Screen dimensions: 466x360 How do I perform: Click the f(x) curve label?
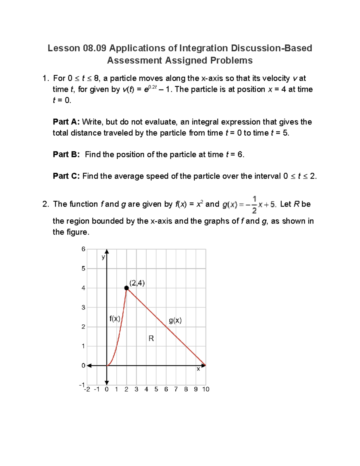pos(115,319)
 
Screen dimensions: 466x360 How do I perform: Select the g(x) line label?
pos(175,320)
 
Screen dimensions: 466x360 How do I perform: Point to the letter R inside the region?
pos(151,338)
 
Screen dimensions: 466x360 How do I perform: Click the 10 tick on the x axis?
pos(206,389)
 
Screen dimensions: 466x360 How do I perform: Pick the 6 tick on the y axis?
pos(83,249)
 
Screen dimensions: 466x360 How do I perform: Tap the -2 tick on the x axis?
pos(87,389)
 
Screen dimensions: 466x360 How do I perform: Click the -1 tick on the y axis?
pos(82,385)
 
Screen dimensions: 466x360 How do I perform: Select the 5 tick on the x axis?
pos(156,389)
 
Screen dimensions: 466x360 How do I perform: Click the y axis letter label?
pos(103,257)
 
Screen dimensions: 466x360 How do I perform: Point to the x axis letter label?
pos(198,369)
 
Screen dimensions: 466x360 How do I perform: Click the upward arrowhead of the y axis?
pos(107,251)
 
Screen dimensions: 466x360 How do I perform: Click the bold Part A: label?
pos(66,122)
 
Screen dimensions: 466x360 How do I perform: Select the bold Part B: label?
pos(66,155)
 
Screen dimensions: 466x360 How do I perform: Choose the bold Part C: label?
pos(66,176)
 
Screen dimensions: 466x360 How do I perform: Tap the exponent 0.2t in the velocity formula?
pos(153,87)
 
